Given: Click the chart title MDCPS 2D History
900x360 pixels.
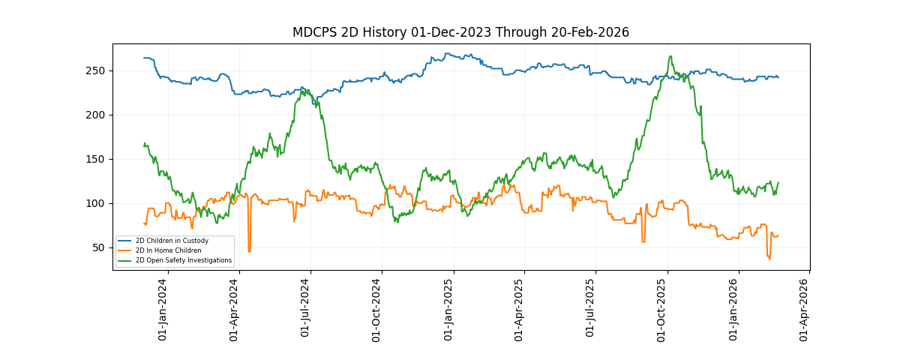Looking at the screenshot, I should click(x=460, y=32).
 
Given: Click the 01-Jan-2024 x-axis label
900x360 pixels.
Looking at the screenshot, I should click(x=163, y=310).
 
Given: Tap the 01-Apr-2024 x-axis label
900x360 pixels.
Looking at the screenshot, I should click(x=235, y=310).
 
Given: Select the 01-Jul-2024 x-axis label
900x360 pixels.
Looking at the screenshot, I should click(x=306, y=310).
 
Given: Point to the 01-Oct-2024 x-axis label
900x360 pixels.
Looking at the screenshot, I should click(x=377, y=310).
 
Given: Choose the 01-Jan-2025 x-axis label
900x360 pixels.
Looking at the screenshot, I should click(x=449, y=310).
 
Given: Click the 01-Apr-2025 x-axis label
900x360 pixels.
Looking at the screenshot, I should click(x=520, y=310).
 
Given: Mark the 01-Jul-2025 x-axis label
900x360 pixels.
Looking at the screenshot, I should click(x=591, y=310).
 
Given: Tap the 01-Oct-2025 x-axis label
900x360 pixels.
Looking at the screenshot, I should click(x=663, y=310).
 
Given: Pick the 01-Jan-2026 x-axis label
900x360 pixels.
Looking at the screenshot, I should click(x=734, y=310).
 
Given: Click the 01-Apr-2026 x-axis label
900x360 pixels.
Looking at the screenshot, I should click(x=805, y=310).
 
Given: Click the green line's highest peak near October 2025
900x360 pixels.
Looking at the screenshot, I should click(x=670, y=56).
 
